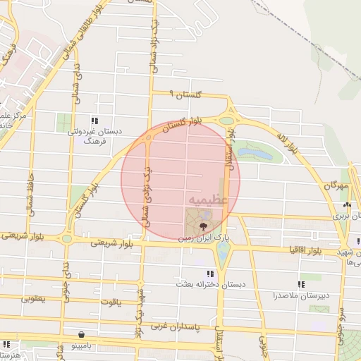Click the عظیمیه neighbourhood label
coord(207,200)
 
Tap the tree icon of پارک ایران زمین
coord(204,226)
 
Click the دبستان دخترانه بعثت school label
coord(210,284)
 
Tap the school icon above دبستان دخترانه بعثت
coord(209,274)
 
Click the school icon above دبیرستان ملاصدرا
coord(301,284)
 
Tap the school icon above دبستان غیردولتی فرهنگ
coord(94,121)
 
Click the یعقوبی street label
coord(32,299)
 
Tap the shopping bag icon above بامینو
coord(83,334)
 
